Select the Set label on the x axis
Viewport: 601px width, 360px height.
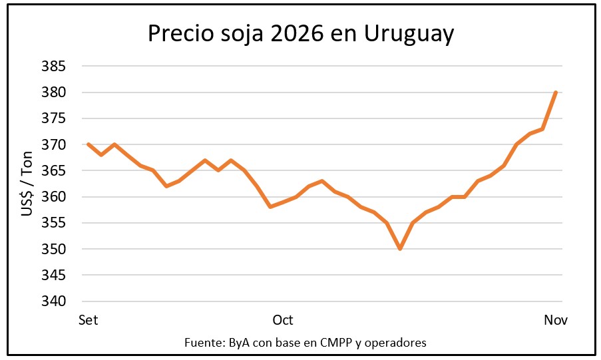pos(88,320)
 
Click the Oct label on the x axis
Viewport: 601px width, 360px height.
pos(283,320)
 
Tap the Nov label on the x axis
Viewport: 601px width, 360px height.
pos(556,320)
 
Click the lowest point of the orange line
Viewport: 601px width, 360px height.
pos(400,249)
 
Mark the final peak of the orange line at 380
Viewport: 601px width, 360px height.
pos(556,92)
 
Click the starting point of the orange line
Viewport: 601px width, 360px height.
pos(88,144)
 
